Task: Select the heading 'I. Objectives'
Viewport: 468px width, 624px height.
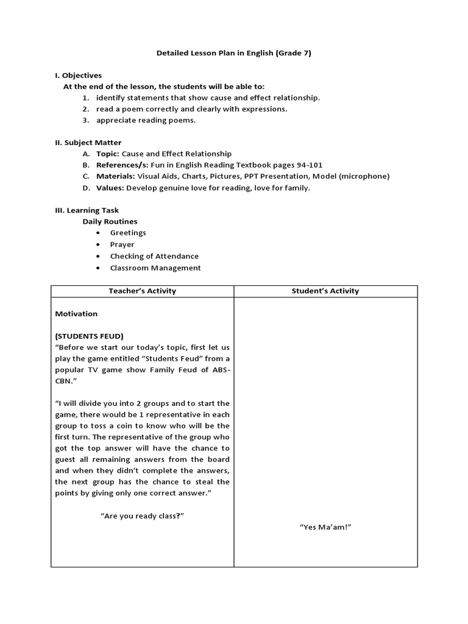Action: [x=78, y=76]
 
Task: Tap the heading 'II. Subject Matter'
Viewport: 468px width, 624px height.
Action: [x=88, y=143]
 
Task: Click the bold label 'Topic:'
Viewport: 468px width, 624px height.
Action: [x=108, y=154]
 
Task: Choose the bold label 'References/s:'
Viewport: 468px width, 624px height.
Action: [x=121, y=165]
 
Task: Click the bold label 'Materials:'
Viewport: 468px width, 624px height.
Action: [x=115, y=176]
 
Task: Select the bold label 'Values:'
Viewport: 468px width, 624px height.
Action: [x=110, y=188]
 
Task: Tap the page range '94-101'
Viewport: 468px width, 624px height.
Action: [x=308, y=165]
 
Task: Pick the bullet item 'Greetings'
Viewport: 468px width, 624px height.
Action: [x=128, y=233]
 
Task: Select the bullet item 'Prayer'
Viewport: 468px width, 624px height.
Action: [x=122, y=244]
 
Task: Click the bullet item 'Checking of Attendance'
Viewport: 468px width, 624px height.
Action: [x=154, y=256]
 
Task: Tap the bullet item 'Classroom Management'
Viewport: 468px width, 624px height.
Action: [x=155, y=268]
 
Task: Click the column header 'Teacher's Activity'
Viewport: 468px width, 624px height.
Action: [x=142, y=291]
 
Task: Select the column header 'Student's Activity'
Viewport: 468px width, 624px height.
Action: [x=325, y=291]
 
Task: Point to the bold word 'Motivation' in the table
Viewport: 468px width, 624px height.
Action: [x=76, y=314]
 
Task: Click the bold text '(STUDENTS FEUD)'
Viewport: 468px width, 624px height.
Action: [x=89, y=336]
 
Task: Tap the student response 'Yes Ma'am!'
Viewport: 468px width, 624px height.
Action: [x=325, y=526]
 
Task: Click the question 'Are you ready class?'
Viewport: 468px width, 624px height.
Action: [x=142, y=516]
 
